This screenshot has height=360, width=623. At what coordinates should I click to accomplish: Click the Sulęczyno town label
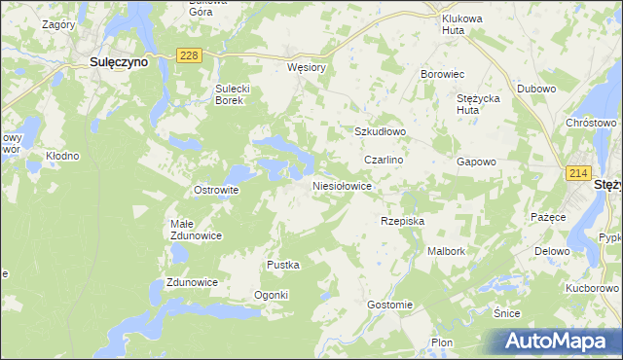[x=119, y=61]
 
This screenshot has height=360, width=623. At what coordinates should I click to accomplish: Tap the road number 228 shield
[x=189, y=56]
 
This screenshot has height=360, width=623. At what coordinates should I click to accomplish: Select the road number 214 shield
[x=578, y=172]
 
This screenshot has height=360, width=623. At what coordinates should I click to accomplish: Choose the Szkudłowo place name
[x=379, y=131]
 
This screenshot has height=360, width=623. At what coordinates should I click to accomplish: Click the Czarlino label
[x=384, y=159]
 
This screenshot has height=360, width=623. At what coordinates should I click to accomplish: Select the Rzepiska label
[x=403, y=221]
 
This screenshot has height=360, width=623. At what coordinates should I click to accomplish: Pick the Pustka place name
[x=283, y=265]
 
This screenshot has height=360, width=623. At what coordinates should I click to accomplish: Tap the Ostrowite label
[x=216, y=190]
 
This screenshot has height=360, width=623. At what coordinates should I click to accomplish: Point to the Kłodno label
[x=62, y=156]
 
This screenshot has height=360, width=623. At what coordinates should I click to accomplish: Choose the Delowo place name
[x=551, y=251]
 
